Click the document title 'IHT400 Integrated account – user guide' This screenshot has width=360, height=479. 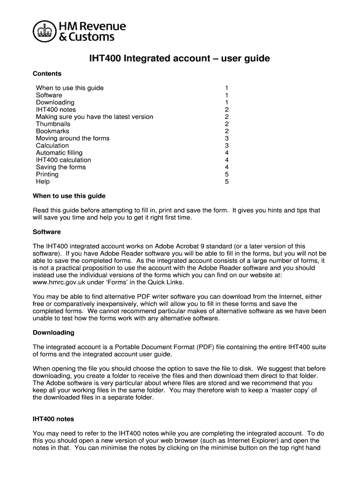click(x=180, y=59)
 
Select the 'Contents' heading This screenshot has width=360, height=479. click(x=47, y=74)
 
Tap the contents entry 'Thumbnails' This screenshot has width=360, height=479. click(x=53, y=124)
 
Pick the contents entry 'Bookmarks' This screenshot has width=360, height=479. click(x=52, y=131)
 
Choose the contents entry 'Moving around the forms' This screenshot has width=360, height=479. click(x=72, y=138)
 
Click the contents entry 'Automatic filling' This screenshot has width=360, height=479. click(x=59, y=153)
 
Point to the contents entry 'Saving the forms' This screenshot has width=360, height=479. click(x=61, y=167)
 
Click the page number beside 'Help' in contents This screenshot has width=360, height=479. click(x=227, y=181)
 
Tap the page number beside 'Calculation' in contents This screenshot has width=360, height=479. click(x=227, y=145)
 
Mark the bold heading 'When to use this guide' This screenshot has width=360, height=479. click(x=69, y=196)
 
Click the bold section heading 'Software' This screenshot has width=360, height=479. click(x=47, y=232)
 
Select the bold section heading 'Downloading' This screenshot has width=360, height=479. click(x=53, y=333)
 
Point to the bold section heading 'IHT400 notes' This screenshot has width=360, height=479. click(x=53, y=419)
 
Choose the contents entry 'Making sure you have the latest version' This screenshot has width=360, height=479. click(x=94, y=117)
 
